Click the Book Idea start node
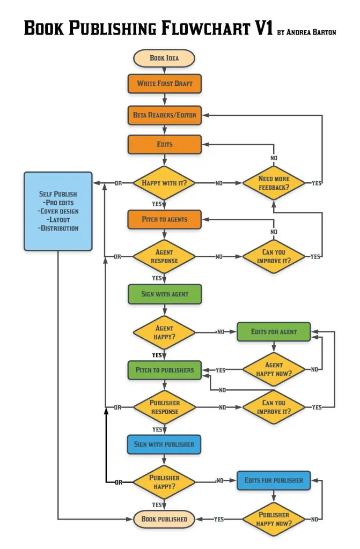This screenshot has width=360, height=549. click(x=164, y=58)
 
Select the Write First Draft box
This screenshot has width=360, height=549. click(x=164, y=84)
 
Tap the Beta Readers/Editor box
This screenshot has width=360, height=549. click(x=164, y=115)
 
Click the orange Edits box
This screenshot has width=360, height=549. click(x=164, y=144)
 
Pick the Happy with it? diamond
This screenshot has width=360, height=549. click(x=164, y=183)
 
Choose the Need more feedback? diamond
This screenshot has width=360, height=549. click(x=274, y=183)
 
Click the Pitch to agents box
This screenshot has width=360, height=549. click(x=164, y=219)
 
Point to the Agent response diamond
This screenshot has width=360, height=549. click(x=164, y=256)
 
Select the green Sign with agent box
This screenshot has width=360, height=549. click(x=164, y=294)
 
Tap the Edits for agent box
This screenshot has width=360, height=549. click(x=274, y=332)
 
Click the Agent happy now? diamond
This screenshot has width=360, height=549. click(x=274, y=369)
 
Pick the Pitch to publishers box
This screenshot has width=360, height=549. click(x=164, y=370)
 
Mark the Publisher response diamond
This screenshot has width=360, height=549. click(x=164, y=407)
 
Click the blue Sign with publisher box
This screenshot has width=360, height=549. click(x=164, y=444)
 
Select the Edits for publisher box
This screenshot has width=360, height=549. click(x=274, y=480)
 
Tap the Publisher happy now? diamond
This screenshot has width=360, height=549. click(x=274, y=519)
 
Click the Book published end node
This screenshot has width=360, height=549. click(x=164, y=519)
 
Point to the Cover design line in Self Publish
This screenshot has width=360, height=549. click(x=58, y=211)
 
